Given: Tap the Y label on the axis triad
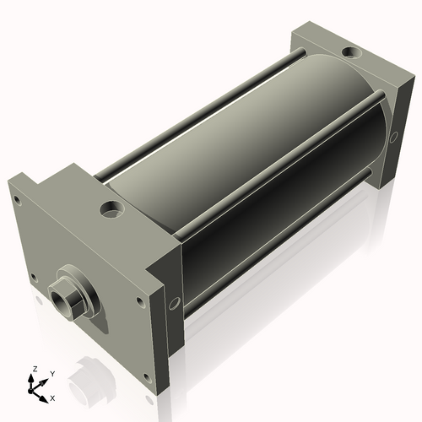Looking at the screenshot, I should (51, 373).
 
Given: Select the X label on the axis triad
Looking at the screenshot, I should (53, 397).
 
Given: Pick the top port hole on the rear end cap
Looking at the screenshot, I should (349, 53).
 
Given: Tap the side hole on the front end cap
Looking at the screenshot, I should (174, 302).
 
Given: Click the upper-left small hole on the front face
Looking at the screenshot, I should (18, 200).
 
